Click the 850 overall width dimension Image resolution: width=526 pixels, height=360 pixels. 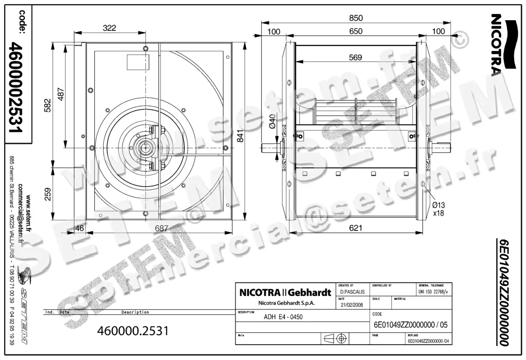pos(356,18)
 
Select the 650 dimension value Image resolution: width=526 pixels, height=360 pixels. pos(356,31)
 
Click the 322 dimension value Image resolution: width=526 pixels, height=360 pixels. pos(110,28)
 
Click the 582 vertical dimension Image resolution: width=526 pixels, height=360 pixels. pos(48,106)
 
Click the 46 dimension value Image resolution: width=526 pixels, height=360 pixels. pos(79,228)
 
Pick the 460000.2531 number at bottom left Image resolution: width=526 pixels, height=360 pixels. pos(132,330)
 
